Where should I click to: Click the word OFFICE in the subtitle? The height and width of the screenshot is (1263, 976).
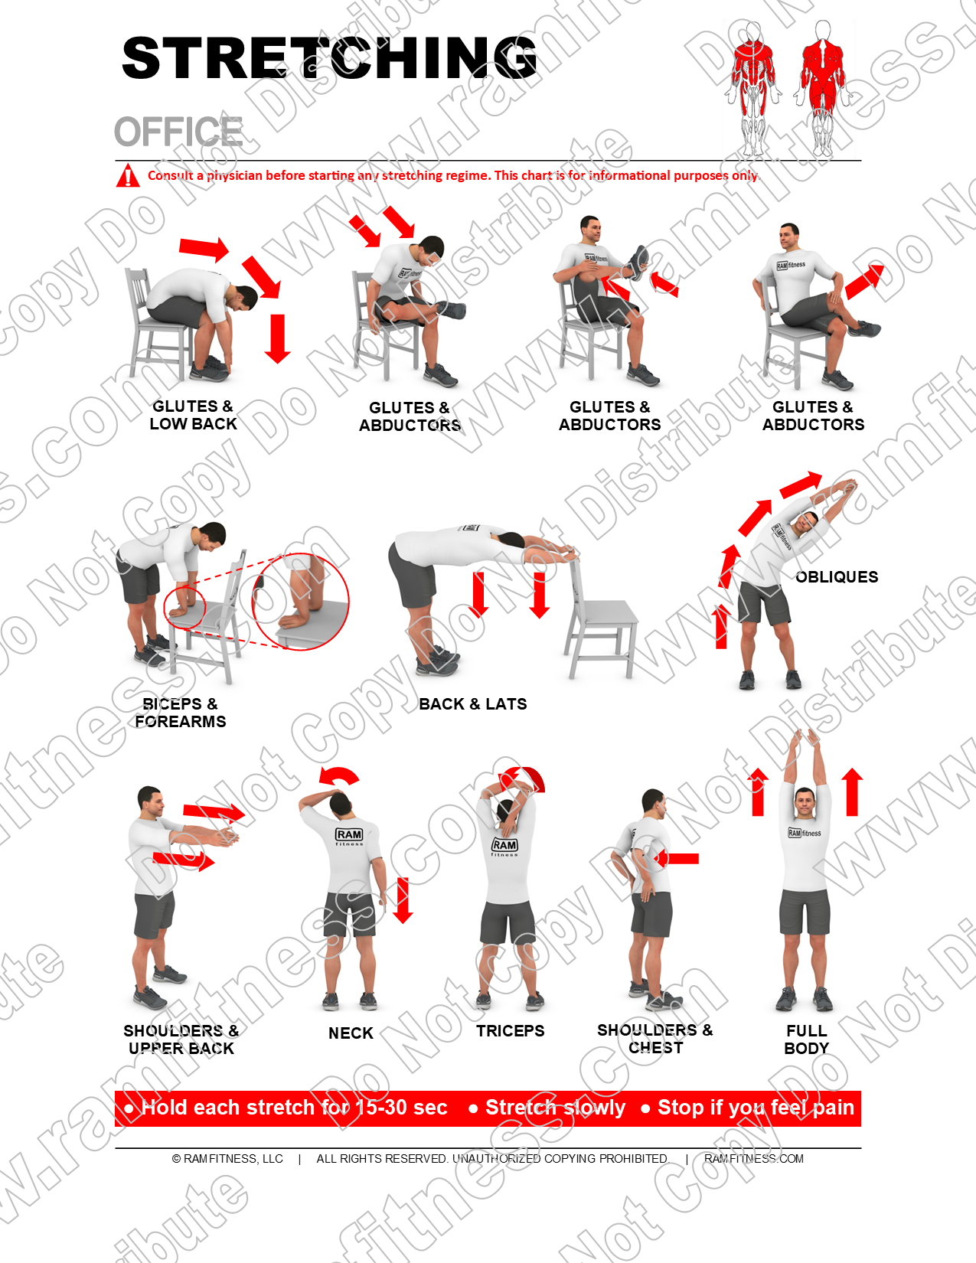tap(178, 132)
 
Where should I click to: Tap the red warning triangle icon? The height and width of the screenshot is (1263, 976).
tap(126, 176)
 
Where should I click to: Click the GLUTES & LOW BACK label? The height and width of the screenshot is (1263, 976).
tap(193, 415)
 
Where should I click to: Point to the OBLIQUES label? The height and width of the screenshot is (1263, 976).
tap(837, 577)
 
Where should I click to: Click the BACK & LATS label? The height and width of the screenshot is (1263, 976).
tap(472, 704)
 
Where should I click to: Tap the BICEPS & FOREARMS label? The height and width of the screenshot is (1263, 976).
tap(181, 713)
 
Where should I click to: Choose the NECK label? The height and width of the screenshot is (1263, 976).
tap(351, 1033)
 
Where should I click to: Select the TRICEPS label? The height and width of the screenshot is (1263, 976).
tap(510, 1031)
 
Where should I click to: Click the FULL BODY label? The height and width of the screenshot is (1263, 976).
tap(806, 1039)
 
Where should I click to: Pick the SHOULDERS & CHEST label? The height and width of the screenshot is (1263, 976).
tap(654, 1039)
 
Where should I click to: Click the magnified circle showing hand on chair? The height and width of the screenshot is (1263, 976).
tap(301, 602)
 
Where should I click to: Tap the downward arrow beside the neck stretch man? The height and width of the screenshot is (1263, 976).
tap(403, 900)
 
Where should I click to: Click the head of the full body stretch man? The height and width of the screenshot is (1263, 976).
tap(804, 803)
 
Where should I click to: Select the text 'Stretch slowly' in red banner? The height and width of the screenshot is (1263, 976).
tap(555, 1108)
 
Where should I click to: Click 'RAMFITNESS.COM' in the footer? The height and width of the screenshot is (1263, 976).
tap(753, 1159)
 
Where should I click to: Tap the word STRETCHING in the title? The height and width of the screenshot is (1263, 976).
tap(329, 59)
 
